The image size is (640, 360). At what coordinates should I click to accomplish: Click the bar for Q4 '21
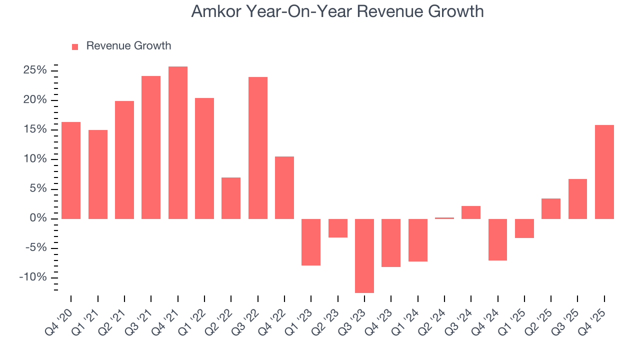[177, 142]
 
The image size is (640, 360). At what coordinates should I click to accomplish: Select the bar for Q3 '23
[364, 255]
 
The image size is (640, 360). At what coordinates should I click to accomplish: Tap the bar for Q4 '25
[604, 171]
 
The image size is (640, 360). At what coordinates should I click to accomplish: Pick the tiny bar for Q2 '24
[444, 218]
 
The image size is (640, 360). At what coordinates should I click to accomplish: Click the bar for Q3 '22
[257, 147]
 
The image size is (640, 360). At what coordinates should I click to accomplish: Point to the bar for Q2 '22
[231, 198]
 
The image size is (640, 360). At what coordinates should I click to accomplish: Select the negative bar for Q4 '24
[497, 239]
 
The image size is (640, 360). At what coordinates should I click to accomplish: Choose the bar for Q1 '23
[311, 242]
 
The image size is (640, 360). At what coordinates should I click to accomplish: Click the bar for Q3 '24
[471, 212]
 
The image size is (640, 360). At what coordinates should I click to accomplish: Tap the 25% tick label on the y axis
[34, 70]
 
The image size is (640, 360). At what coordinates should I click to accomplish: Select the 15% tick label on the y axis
[34, 129]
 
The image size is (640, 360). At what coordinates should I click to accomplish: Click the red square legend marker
[75, 46]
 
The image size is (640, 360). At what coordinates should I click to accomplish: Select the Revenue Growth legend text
[128, 46]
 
